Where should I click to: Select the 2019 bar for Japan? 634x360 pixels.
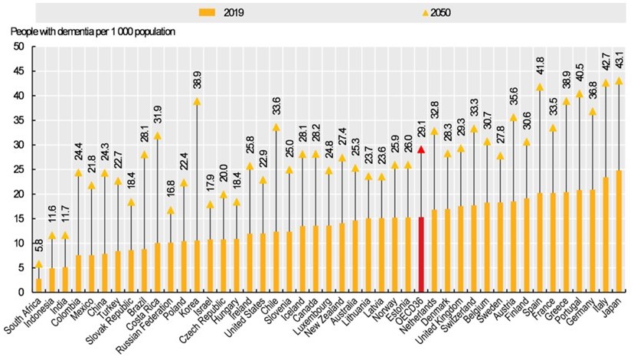click(619, 231)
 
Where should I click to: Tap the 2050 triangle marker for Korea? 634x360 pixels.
click(197, 101)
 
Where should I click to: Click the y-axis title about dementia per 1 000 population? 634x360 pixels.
click(93, 31)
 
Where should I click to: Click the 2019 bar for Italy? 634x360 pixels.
click(605, 234)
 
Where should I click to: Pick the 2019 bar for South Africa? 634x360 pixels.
click(38, 284)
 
